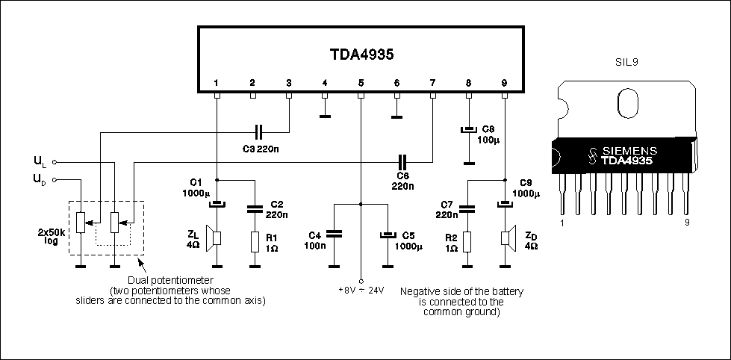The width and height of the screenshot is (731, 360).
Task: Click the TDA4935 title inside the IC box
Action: pos(362,55)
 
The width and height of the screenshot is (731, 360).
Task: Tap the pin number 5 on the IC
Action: pos(361,83)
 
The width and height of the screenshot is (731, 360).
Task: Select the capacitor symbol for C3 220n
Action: pos(260,133)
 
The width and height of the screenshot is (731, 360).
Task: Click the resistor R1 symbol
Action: pos(255,241)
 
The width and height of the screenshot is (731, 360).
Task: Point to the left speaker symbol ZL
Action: pos(214,238)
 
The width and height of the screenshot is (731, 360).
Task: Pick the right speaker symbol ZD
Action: pos(507,237)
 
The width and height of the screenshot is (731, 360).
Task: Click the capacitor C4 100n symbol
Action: pos(335,233)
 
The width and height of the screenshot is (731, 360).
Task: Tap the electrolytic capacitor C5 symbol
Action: pos(387,235)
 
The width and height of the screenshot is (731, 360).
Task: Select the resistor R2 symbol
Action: pos(467,241)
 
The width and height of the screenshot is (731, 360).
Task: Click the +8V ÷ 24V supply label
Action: pos(361,291)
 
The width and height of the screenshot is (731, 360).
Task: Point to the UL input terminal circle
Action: pos(55,162)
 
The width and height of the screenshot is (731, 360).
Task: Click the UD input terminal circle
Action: pos(55,179)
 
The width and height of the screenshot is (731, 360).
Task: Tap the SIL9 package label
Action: pos(626,61)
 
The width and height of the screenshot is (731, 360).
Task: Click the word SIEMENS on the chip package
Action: pos(630,151)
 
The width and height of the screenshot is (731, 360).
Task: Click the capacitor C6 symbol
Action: pos(404,162)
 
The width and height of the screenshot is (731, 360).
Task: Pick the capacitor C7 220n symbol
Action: pos(467,209)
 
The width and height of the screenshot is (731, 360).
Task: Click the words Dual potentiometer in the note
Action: pos(171,281)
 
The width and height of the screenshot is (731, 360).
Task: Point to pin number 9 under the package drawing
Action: pos(687,223)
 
